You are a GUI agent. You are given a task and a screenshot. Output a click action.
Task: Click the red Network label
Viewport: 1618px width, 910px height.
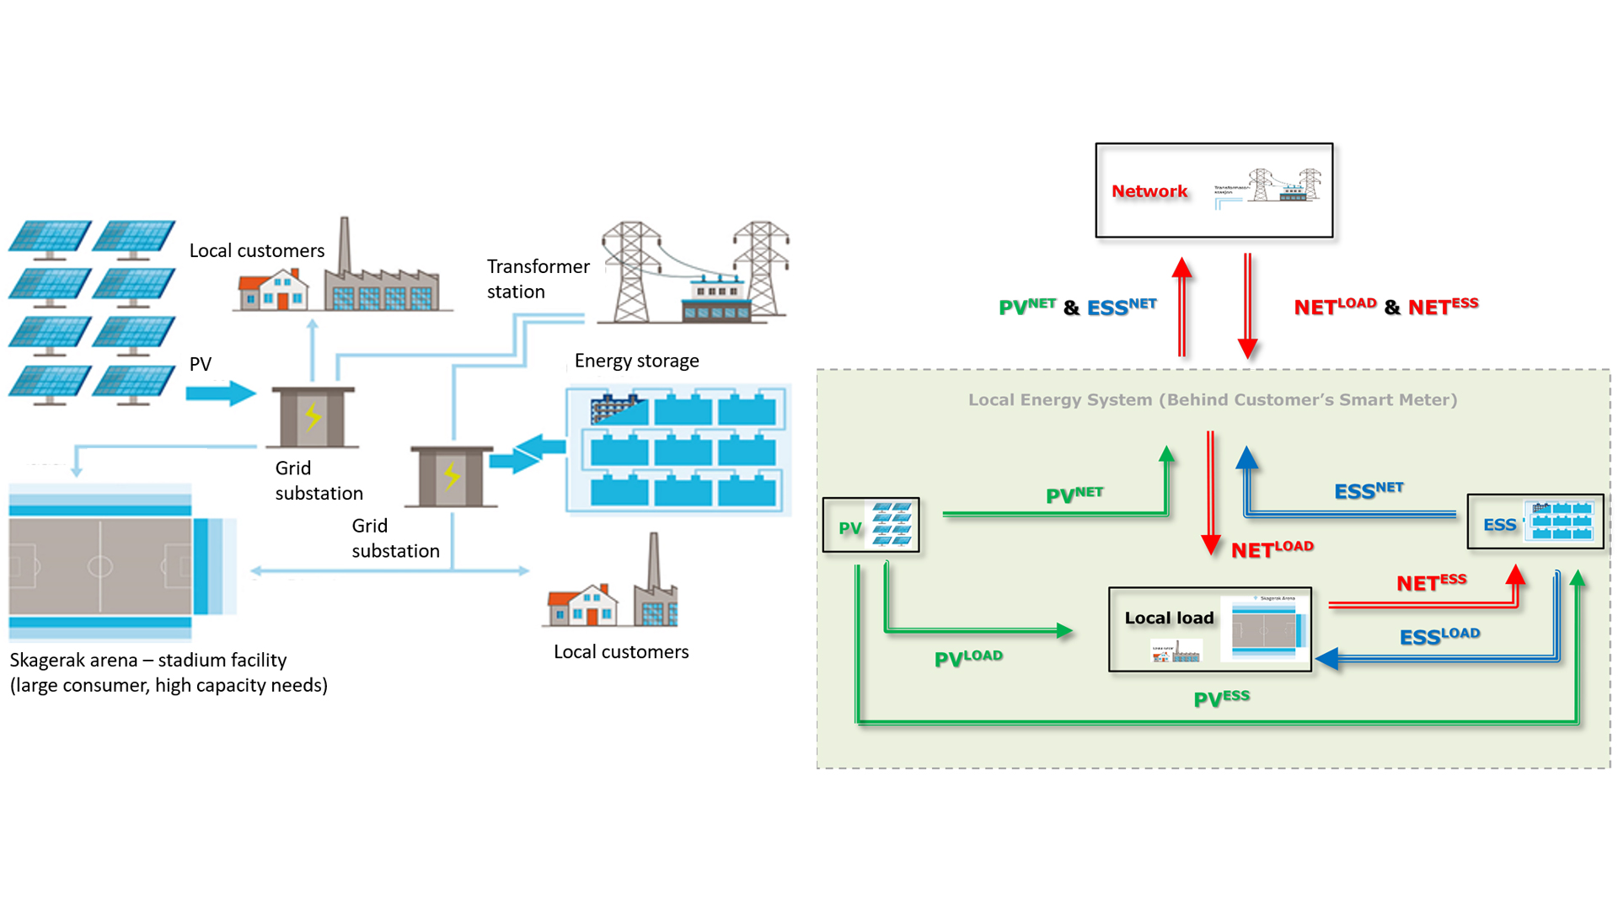[1149, 191]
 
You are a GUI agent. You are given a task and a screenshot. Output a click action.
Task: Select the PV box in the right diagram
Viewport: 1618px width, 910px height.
[871, 525]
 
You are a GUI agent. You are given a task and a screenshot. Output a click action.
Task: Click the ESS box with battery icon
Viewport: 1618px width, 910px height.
[1535, 522]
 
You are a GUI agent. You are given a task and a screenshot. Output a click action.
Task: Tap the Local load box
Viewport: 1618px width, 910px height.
[1209, 629]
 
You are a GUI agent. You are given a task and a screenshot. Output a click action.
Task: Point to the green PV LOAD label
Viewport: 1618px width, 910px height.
[968, 658]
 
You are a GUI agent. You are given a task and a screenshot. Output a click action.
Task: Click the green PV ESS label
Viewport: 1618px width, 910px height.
[1221, 699]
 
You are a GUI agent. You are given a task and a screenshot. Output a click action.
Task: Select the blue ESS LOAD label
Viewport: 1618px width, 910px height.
[1439, 636]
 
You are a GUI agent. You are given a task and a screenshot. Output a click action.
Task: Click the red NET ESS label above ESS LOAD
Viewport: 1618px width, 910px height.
[1431, 582]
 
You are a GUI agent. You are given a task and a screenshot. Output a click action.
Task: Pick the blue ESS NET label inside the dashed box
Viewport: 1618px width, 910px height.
[1369, 490]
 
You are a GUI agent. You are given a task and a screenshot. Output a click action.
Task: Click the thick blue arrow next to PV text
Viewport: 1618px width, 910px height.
[220, 393]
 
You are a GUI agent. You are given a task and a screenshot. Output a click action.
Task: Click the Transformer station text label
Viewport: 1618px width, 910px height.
[538, 279]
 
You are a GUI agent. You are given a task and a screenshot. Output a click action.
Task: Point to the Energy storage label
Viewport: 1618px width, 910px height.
[636, 361]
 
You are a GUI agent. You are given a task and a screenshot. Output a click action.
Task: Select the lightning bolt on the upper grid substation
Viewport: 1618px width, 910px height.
[313, 415]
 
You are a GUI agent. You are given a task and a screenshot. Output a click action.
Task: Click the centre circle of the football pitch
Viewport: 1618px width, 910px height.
[100, 565]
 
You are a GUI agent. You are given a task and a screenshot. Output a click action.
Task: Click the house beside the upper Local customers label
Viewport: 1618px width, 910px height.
[272, 290]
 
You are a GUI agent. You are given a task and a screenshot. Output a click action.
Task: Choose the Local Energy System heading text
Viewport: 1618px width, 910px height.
[1212, 400]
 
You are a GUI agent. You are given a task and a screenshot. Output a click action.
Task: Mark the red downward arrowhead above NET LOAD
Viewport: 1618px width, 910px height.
[1211, 544]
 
